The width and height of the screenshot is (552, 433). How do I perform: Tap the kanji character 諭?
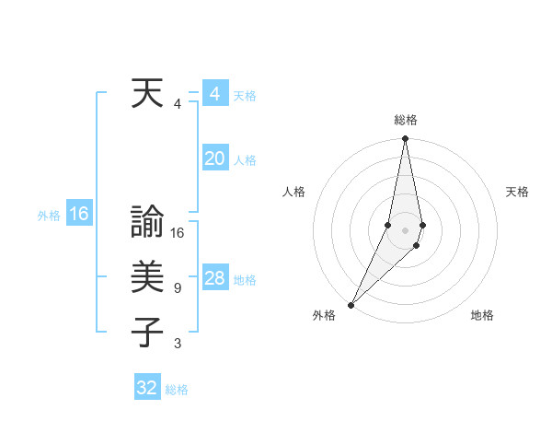point(147,222)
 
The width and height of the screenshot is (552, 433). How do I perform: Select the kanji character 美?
point(147,277)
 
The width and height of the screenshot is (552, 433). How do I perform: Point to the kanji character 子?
point(147,333)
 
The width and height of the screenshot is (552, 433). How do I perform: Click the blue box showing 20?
point(214,158)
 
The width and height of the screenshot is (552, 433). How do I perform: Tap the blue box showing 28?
point(214,278)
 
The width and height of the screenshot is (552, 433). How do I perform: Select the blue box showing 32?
point(147,388)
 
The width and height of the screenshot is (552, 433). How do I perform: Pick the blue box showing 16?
point(79,215)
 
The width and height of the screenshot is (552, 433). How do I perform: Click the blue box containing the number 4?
point(214,94)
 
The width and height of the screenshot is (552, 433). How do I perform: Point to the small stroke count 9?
point(177,288)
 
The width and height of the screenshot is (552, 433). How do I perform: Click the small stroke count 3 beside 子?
point(177,344)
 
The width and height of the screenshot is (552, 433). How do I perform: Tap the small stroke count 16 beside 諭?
point(178,233)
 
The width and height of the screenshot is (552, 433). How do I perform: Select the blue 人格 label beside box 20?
point(245,160)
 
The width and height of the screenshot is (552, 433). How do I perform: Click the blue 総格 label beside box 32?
point(177,390)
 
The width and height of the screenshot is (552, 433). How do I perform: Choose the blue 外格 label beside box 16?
point(49,216)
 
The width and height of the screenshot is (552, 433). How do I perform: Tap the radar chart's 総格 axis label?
point(405,120)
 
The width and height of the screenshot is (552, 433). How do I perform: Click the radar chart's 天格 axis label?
point(517,192)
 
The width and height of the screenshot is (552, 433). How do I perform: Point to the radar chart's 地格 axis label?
point(482,315)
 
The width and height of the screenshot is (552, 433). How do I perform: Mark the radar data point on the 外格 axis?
point(351,304)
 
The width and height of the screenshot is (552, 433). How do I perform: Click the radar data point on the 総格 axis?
point(405,138)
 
